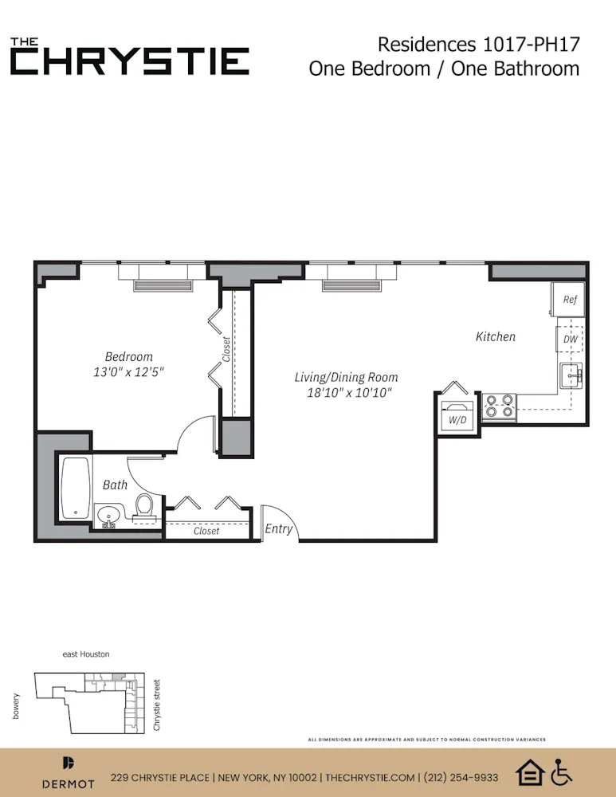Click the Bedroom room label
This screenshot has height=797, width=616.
tap(128, 356)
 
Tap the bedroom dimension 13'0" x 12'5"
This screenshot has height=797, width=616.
tap(129, 372)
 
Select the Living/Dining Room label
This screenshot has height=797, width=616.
tap(346, 377)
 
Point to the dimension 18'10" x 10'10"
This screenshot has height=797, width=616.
tap(346, 393)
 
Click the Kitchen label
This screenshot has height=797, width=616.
tap(496, 336)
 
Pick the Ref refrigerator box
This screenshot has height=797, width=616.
tap(569, 300)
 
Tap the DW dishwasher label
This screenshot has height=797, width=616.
tap(570, 340)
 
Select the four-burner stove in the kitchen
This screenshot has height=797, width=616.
tap(500, 406)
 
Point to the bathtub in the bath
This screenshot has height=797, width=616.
tap(77, 489)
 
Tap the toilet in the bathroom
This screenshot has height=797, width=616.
tap(143, 505)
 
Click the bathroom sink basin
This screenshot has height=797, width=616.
tap(109, 516)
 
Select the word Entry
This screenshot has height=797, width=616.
tap(279, 528)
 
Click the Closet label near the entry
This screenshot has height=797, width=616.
tap(206, 531)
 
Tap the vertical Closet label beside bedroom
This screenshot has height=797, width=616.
tap(226, 349)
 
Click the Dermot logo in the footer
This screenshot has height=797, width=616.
tap(68, 771)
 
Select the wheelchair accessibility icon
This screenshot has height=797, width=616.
tap(563, 771)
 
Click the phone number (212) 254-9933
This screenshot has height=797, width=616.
tap(461, 778)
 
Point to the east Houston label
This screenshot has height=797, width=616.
tap(86, 654)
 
